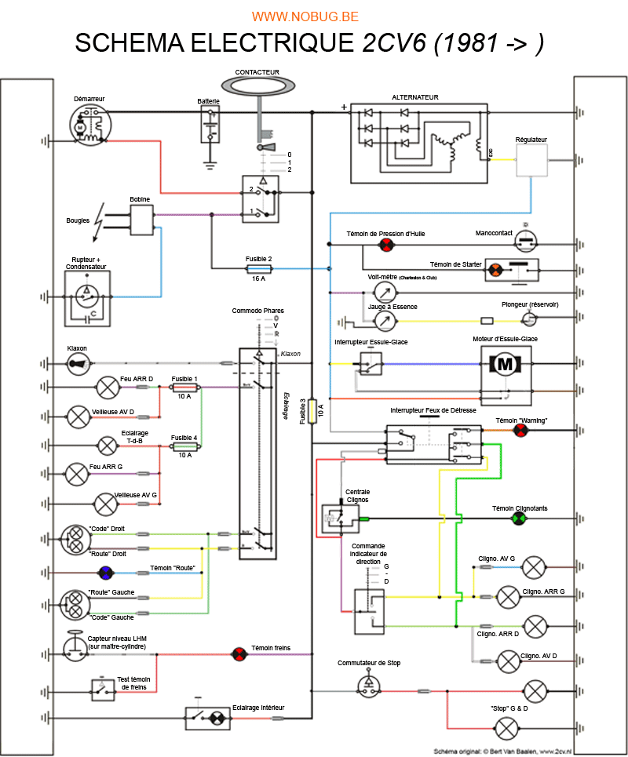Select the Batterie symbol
click(210, 126)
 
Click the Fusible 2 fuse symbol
click(259, 268)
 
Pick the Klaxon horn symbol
click(78, 362)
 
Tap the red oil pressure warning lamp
click(385, 246)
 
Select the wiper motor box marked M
click(506, 364)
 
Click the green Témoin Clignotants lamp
click(517, 519)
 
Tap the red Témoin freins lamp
click(238, 653)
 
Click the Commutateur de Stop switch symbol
click(368, 684)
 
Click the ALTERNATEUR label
click(415, 98)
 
